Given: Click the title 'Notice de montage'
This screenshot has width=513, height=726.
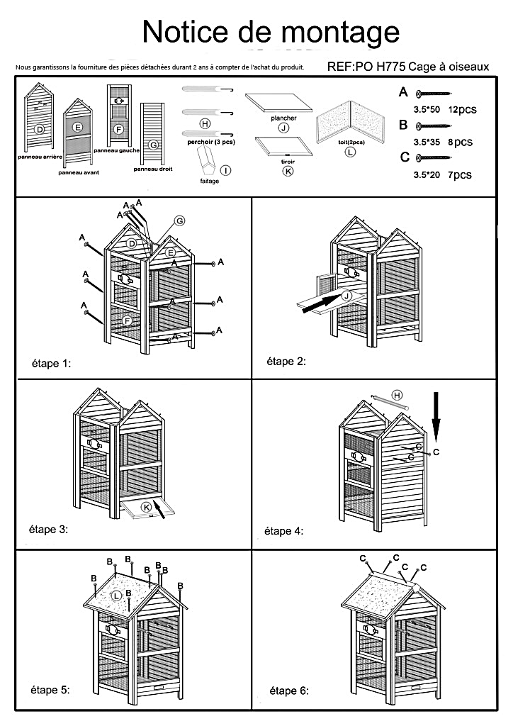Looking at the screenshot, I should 271,31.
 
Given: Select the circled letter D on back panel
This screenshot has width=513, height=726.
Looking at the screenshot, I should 40,128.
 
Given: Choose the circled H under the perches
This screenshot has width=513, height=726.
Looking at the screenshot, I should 205,123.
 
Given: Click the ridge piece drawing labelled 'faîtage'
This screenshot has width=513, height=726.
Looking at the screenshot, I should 210,157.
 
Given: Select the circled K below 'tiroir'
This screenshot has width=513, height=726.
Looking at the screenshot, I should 288,171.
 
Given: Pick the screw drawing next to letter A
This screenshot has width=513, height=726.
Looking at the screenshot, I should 434,94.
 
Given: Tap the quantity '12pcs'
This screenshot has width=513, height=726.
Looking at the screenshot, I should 461,110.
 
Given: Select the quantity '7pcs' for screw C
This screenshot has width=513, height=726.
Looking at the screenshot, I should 459,174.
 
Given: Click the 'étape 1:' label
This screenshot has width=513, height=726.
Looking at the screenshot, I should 52,363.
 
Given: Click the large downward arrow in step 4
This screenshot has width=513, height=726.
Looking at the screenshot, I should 436,414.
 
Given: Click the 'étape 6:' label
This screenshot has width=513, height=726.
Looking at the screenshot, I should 289,691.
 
